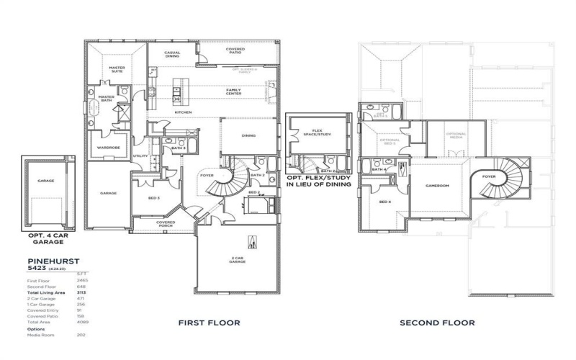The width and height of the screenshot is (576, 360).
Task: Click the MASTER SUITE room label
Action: (117, 69)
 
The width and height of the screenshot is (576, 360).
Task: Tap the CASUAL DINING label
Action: (172, 55)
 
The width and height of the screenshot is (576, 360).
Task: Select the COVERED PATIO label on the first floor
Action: (236, 51)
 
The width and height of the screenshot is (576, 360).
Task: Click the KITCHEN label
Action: (184, 112)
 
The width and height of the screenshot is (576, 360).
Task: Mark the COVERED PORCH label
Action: (166, 224)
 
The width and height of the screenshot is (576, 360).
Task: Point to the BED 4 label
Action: (385, 202)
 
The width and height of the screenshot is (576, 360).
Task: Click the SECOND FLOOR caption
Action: (437, 323)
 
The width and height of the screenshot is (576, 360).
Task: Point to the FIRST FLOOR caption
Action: (209, 323)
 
